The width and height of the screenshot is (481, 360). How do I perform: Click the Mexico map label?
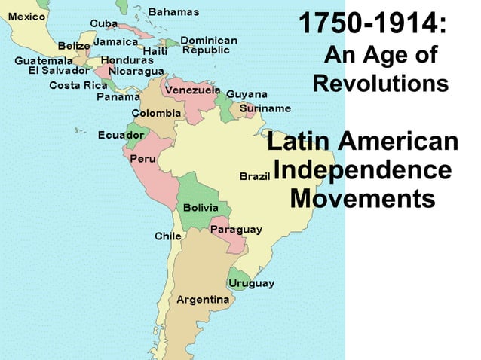(26, 17)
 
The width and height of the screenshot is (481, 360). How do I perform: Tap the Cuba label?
(103, 23)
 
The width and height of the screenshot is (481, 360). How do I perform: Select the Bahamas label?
(173, 12)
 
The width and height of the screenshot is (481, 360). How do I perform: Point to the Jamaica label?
(115, 42)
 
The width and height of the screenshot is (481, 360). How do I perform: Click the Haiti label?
(155, 51)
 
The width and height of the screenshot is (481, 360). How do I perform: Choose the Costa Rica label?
(78, 85)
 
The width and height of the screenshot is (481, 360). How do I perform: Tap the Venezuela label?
(192, 90)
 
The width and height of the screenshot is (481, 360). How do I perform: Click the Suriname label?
(265, 108)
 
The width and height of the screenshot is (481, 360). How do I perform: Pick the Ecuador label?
(121, 136)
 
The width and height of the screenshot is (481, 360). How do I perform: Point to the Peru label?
(142, 159)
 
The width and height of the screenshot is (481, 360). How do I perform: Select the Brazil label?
(254, 176)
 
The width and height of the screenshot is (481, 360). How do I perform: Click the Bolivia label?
(201, 207)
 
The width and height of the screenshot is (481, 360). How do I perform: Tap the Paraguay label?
(236, 229)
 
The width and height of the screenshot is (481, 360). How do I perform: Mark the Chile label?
(167, 236)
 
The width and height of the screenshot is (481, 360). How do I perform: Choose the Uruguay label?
(251, 283)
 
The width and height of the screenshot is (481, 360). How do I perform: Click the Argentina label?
(203, 300)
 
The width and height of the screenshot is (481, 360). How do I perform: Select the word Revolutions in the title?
(380, 83)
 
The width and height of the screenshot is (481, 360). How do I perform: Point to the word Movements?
(363, 199)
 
